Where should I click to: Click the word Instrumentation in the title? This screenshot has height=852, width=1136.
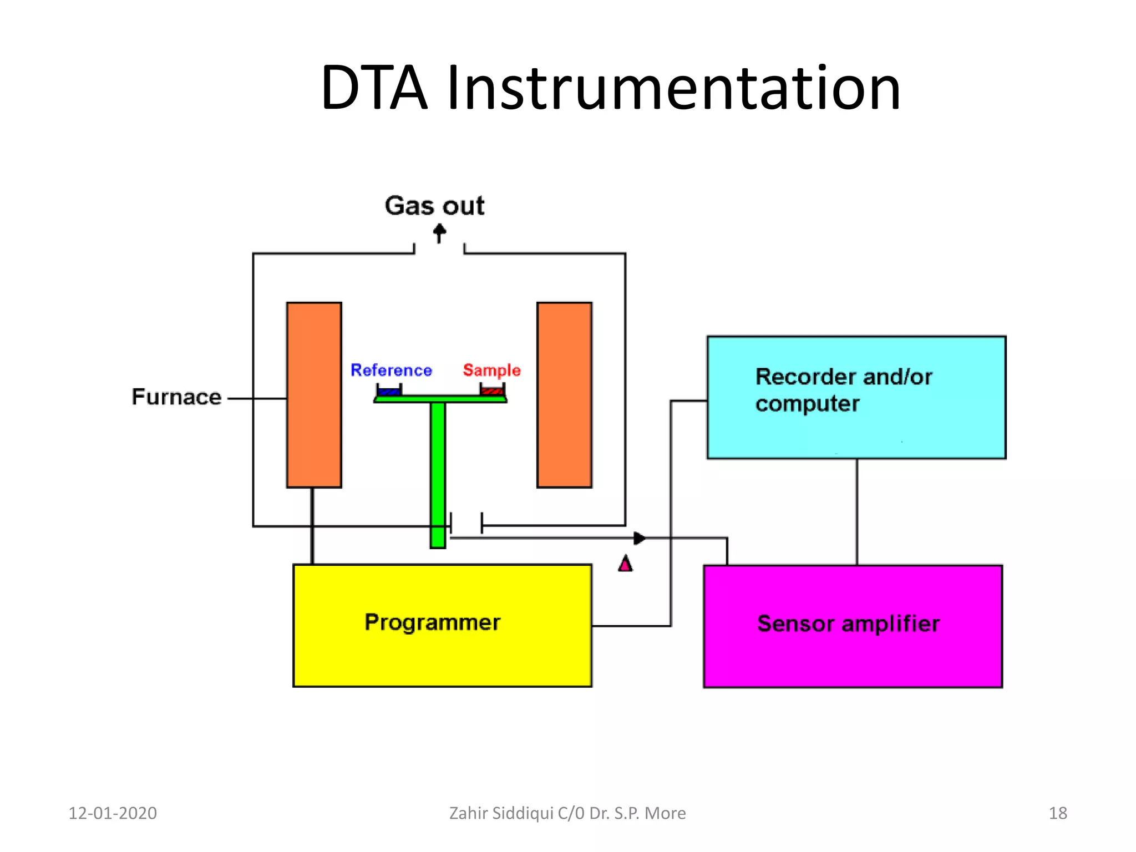point(673,89)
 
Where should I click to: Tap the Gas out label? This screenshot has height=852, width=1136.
point(434,206)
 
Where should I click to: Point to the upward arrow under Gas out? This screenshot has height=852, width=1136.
point(439,233)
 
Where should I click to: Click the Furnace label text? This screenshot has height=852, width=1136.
point(176,397)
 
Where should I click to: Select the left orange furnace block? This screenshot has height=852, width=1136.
point(314,395)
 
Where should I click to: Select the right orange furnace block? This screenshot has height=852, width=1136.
point(564,395)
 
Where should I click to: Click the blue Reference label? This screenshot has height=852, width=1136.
point(391,370)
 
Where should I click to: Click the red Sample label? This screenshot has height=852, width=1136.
point(491,370)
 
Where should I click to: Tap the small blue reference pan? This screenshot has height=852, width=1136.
point(389,391)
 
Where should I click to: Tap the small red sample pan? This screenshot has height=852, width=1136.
point(492,391)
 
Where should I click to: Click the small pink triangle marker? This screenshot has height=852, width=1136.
point(625,564)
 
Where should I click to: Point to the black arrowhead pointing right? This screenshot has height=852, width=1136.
point(640,538)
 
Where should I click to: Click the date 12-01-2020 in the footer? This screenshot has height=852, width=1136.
point(113,813)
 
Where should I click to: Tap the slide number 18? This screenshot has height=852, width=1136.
point(1057,813)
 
